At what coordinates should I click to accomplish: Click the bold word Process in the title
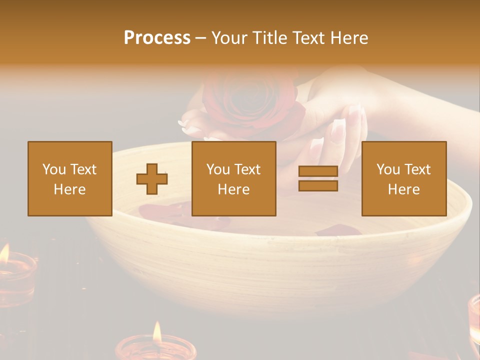(x=157, y=38)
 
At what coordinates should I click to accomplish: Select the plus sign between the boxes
(x=152, y=179)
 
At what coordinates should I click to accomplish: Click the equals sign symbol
(x=318, y=178)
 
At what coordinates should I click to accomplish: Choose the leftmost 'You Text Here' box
(x=70, y=178)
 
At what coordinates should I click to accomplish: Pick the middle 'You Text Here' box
(x=233, y=178)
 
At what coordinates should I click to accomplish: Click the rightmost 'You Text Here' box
(x=403, y=178)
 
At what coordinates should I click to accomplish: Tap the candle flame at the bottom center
(x=157, y=332)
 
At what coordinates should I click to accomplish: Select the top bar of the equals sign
(x=318, y=171)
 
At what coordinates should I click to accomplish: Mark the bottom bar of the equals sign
(x=318, y=185)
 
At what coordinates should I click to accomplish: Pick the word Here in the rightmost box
(x=403, y=189)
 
